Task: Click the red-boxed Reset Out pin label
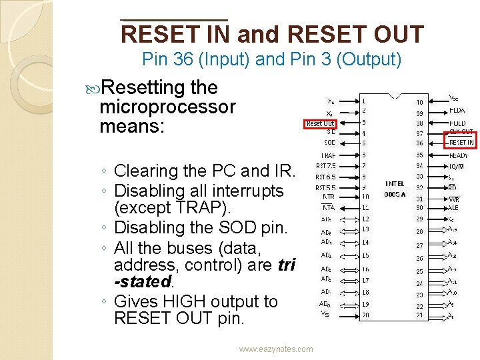[x=321, y=123]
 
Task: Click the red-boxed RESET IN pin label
[x=461, y=143]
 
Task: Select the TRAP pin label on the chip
[x=327, y=155]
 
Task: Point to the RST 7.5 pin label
[x=326, y=166]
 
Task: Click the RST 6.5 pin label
[x=326, y=177]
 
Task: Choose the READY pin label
[x=459, y=155]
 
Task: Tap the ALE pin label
[x=454, y=207]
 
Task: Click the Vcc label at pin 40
[x=454, y=97]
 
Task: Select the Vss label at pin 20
[x=324, y=313]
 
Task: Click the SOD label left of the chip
[x=329, y=143]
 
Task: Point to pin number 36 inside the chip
[x=419, y=143]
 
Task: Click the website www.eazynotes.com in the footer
[x=276, y=349]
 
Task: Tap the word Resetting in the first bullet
[x=142, y=88]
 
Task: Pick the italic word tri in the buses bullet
[x=285, y=265]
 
